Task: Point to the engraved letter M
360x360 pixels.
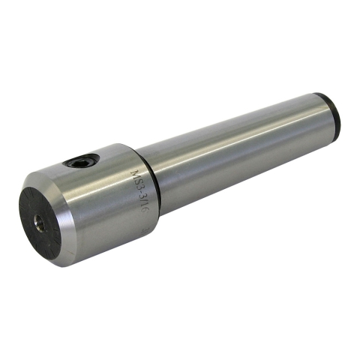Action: click(x=135, y=174)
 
